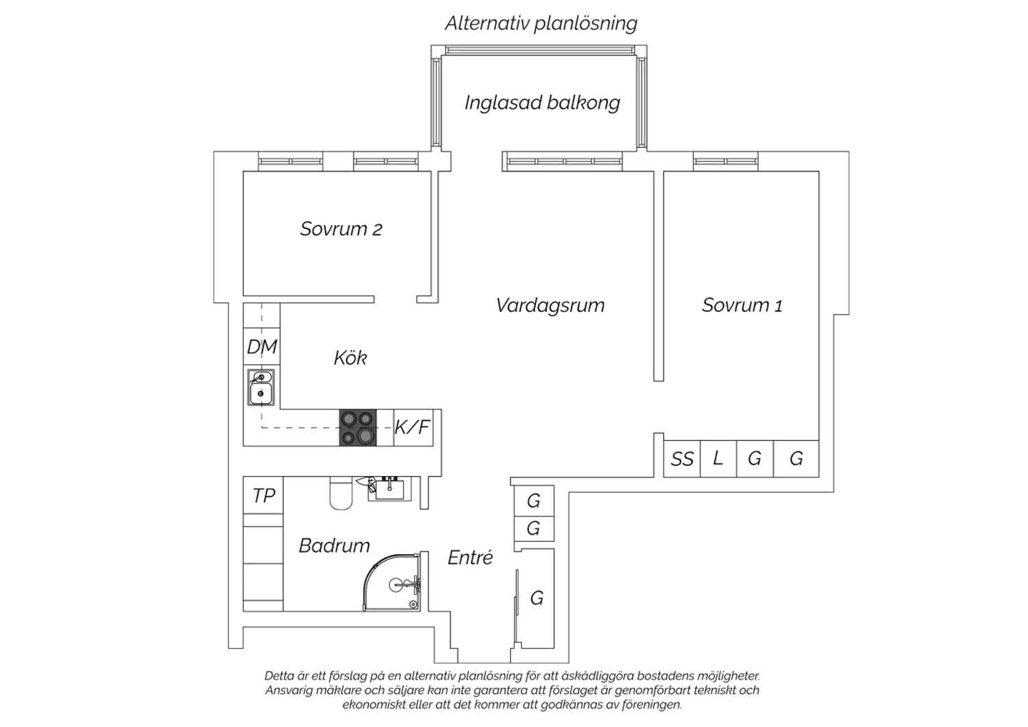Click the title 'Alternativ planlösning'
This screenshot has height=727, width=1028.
(541, 23)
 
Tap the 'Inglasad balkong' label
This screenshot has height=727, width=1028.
(542, 102)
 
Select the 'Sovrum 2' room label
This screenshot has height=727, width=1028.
(341, 228)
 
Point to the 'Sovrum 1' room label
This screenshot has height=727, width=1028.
(742, 305)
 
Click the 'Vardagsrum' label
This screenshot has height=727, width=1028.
(550, 305)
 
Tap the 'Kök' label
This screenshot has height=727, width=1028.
(350, 358)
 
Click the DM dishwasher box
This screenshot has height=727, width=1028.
(262, 346)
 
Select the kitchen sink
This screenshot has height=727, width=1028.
(261, 387)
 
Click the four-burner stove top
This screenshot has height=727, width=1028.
(358, 427)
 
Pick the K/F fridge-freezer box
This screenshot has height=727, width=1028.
(413, 427)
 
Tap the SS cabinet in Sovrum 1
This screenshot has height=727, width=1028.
(682, 459)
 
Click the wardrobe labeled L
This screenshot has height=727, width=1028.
(718, 459)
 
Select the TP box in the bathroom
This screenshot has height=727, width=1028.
(263, 495)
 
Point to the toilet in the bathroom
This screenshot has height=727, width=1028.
(341, 493)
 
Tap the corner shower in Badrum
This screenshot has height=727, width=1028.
(391, 582)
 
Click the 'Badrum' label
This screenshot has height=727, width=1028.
(334, 546)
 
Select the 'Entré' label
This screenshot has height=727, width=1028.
(470, 558)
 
